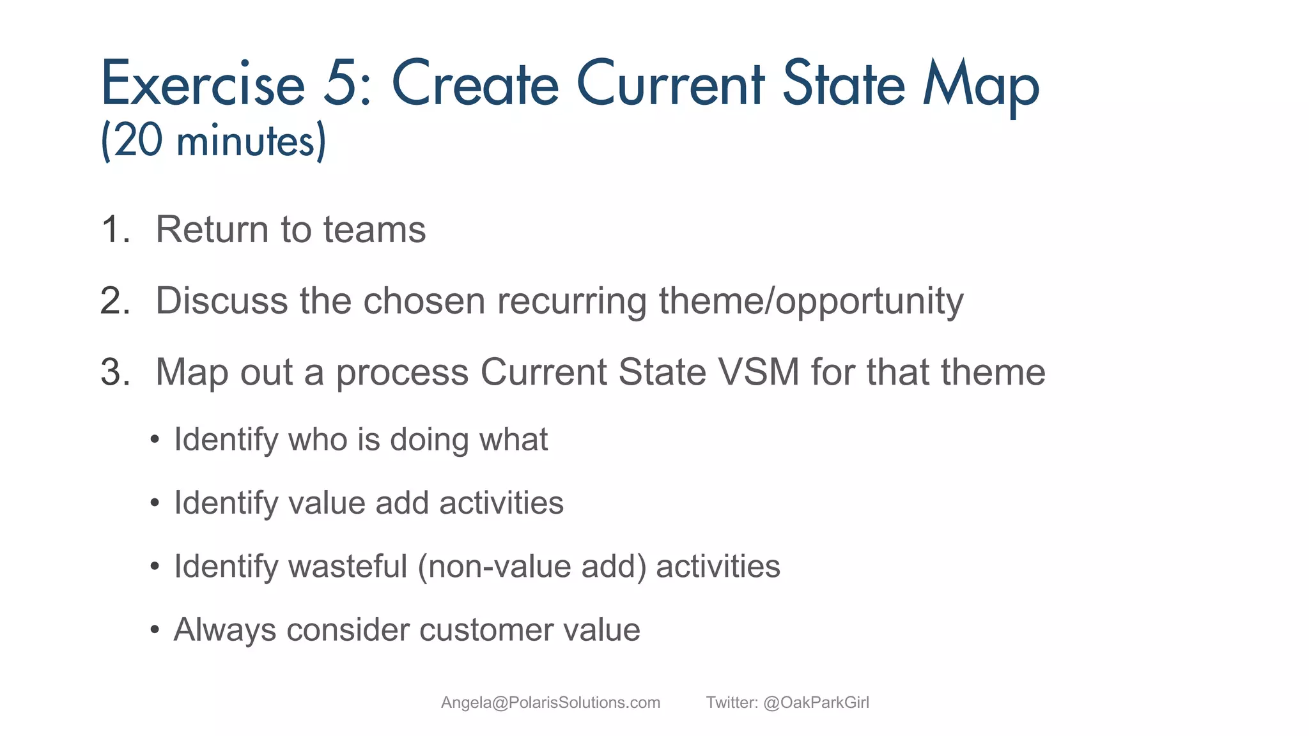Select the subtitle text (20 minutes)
click(x=214, y=141)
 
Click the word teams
click(x=374, y=230)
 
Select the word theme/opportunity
click(x=811, y=301)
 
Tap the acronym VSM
click(x=759, y=372)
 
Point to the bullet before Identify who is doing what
click(x=154, y=440)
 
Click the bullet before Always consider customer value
click(x=154, y=630)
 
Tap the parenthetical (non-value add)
click(x=532, y=566)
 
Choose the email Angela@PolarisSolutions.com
click(x=550, y=703)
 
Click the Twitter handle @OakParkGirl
click(x=816, y=703)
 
